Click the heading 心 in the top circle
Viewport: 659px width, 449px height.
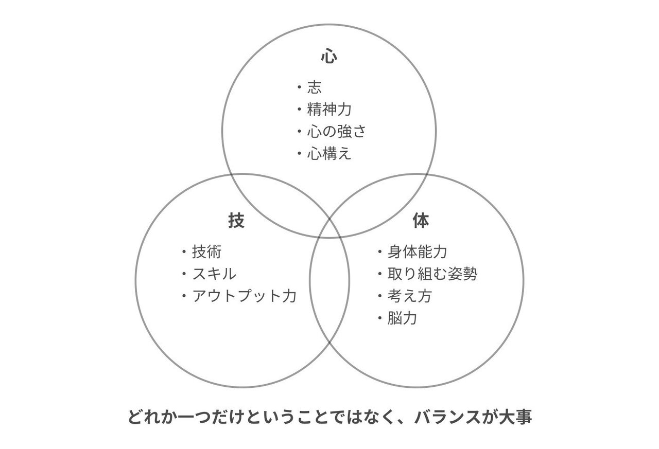tap(329, 56)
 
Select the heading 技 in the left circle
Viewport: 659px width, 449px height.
tap(236, 221)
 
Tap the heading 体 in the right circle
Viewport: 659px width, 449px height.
tap(421, 221)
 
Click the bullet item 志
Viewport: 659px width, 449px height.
tap(314, 87)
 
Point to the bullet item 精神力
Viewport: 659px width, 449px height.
tap(329, 110)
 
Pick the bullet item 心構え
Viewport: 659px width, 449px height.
tap(329, 154)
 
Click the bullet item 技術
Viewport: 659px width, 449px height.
tap(207, 252)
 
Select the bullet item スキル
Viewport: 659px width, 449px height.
tap(214, 274)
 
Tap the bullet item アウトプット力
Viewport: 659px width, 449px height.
tap(244, 296)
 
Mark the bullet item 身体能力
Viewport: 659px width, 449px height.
tap(418, 252)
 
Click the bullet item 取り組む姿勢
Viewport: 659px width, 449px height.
tap(432, 274)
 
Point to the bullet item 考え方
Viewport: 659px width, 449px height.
tap(410, 296)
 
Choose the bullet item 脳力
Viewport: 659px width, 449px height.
tap(403, 318)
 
